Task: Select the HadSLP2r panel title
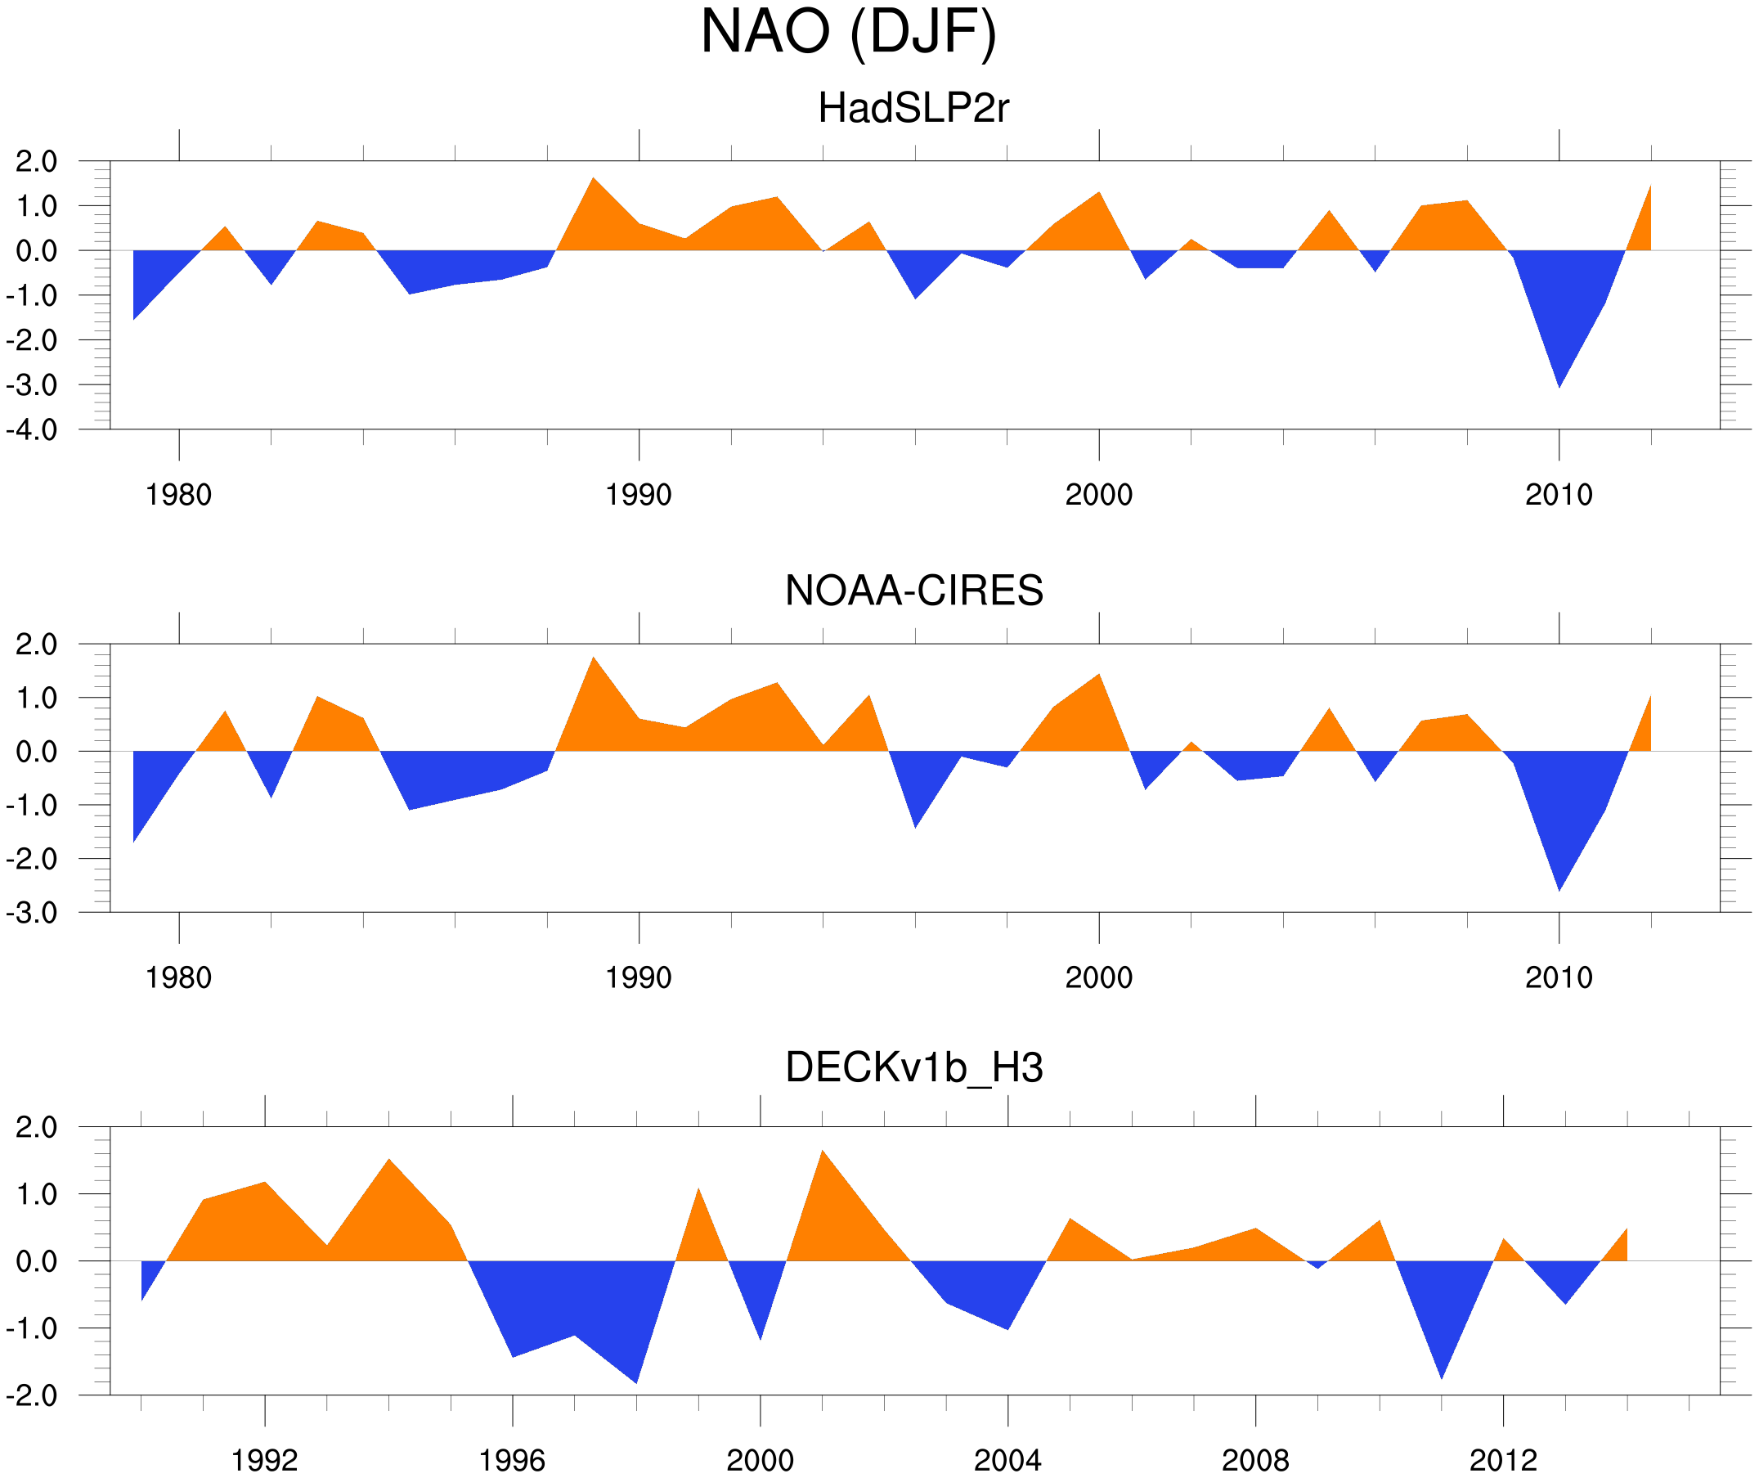[x=913, y=109]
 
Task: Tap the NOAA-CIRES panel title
[x=913, y=591]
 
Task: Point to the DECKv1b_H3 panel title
[x=913, y=1067]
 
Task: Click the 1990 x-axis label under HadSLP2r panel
[x=639, y=495]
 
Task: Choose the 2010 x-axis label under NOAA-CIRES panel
[x=1558, y=977]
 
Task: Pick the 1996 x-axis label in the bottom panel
[x=512, y=1460]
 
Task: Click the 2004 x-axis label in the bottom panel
[x=1007, y=1460]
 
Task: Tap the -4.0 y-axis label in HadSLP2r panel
[x=32, y=431]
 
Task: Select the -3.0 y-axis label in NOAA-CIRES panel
[x=32, y=914]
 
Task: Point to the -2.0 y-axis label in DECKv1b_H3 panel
[x=32, y=1396]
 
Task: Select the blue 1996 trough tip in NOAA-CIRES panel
[x=916, y=825]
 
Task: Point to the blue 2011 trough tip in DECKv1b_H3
[x=1442, y=1376]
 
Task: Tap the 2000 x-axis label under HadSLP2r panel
[x=1098, y=495]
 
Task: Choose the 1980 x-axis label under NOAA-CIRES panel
[x=178, y=977]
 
